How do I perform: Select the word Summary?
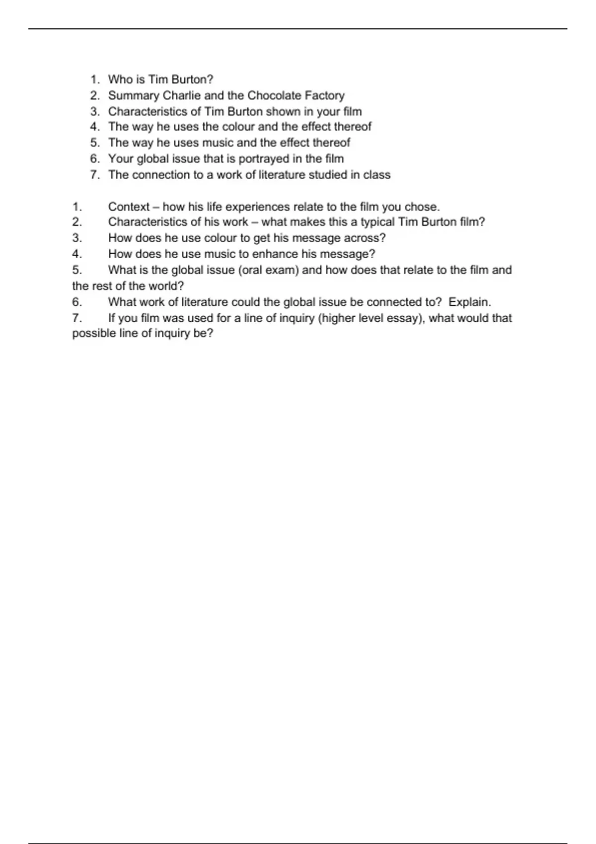[x=134, y=96]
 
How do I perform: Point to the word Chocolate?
[x=271, y=95]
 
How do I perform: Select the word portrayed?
[x=263, y=159]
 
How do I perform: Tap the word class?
[x=377, y=175]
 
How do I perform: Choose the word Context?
[x=129, y=207]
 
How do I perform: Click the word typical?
[x=378, y=222]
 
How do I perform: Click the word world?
[x=166, y=286]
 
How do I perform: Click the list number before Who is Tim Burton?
[x=95, y=79]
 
